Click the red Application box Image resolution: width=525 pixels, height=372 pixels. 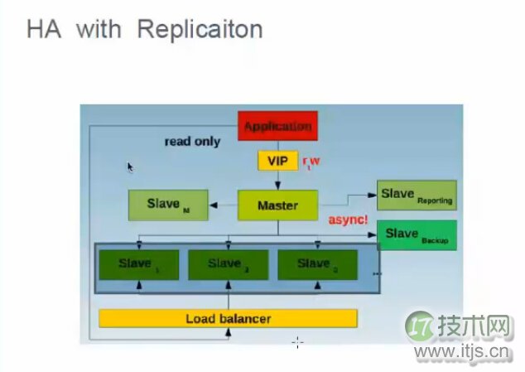(x=278, y=127)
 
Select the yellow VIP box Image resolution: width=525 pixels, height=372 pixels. (x=277, y=160)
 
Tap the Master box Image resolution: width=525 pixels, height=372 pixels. (x=277, y=205)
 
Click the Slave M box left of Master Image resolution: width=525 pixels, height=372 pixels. (x=168, y=205)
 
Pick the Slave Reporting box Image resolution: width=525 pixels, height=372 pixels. (x=416, y=196)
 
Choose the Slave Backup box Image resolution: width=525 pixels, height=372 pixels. (x=417, y=235)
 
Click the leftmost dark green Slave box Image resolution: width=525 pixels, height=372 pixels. (x=138, y=264)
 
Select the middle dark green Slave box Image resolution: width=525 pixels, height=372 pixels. (x=228, y=264)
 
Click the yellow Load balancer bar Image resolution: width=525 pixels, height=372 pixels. (x=228, y=318)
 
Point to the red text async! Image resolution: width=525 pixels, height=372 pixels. (x=348, y=220)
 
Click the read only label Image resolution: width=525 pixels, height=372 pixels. (x=192, y=142)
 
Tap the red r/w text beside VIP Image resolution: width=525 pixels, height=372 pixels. (x=311, y=162)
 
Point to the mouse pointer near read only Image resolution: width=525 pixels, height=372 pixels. (x=131, y=167)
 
